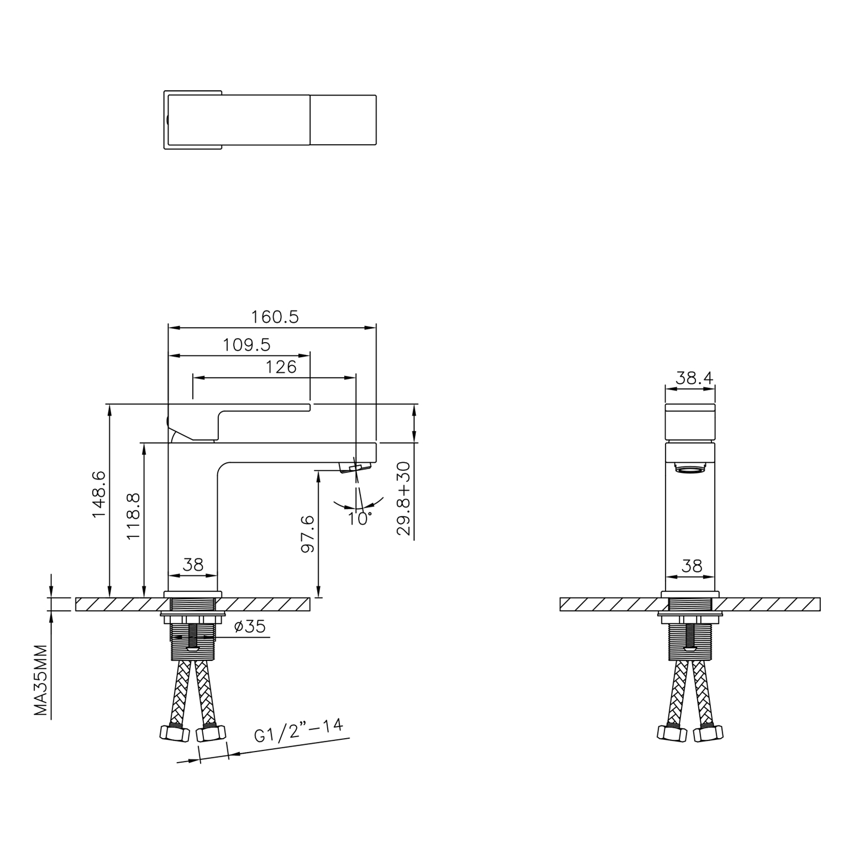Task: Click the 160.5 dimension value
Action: pyautogui.click(x=275, y=317)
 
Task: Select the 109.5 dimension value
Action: pyautogui.click(x=247, y=345)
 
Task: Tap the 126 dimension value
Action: pyautogui.click(x=281, y=367)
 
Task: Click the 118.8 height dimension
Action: pyautogui.click(x=133, y=516)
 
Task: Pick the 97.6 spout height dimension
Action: pyautogui.click(x=308, y=533)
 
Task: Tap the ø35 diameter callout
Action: pyautogui.click(x=249, y=627)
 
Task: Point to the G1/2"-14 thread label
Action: pyautogui.click(x=298, y=731)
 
